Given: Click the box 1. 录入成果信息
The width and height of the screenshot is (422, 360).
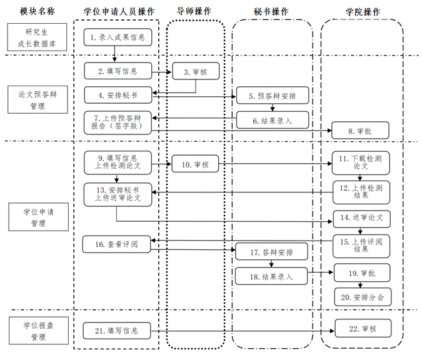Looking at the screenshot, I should point(117,38).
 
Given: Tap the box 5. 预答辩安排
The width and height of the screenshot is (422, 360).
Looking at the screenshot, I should point(272,96).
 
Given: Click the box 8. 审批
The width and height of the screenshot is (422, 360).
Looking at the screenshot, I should point(363,131).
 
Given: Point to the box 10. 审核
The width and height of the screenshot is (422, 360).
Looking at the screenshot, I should point(195,165).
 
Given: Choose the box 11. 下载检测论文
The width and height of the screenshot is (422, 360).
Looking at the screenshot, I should point(363,164).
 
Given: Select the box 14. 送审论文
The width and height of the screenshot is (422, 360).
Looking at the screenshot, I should point(363,218).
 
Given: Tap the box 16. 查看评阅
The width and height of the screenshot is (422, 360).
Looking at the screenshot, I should point(117,245).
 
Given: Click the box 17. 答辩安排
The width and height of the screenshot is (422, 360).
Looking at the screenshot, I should point(272,252).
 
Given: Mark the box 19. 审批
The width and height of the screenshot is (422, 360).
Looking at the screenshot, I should point(363,273).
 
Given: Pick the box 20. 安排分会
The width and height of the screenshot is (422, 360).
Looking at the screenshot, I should point(363,297).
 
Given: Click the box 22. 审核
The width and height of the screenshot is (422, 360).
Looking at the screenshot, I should point(363,328).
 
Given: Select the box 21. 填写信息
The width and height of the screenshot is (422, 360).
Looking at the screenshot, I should point(117,330).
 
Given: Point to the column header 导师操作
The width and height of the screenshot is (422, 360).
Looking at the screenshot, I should point(194,11).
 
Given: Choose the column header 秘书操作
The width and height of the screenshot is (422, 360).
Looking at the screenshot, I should point(272,11).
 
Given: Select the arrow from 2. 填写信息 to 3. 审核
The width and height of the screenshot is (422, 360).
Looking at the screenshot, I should point(161,72).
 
